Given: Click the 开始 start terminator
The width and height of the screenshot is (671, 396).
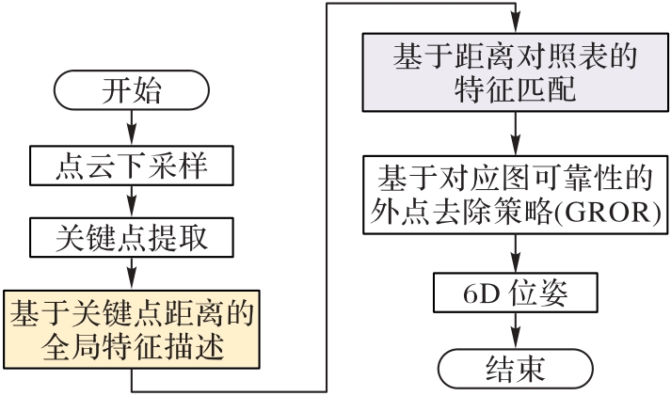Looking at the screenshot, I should pyautogui.click(x=131, y=94).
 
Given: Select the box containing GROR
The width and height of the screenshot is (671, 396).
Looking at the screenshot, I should pyautogui.click(x=514, y=195).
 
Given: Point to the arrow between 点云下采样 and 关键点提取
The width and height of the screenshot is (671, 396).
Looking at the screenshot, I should pyautogui.click(x=131, y=200).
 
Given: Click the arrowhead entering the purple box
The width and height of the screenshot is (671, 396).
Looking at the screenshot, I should pyautogui.click(x=515, y=25).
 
